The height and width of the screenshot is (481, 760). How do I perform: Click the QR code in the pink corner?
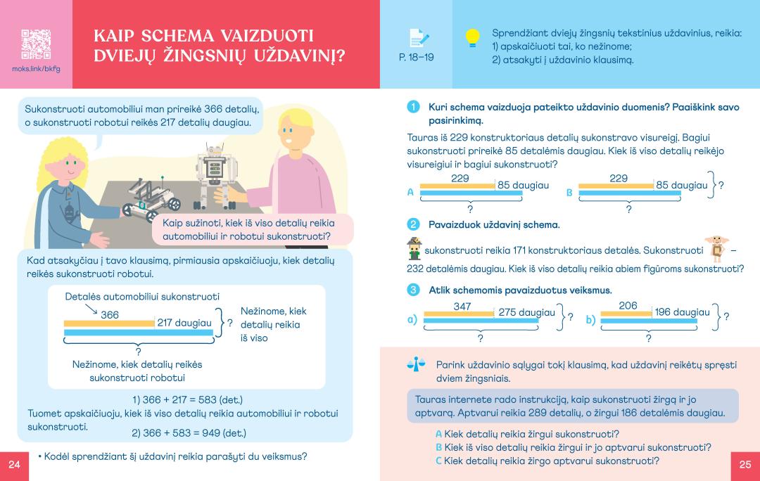point(35,44)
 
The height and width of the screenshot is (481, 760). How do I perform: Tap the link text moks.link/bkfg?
point(36,69)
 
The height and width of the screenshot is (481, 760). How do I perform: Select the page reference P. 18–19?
point(416,57)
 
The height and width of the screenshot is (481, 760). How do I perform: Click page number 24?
point(14,465)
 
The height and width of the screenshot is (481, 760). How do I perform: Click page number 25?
point(745,465)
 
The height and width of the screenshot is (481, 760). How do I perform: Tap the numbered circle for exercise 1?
point(413,107)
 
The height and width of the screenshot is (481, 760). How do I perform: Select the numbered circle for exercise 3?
point(413,290)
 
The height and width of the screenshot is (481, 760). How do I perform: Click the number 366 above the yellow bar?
point(110,315)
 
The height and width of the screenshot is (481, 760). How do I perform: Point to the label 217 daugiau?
point(184,322)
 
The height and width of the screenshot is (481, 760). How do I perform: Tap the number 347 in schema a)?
point(462,306)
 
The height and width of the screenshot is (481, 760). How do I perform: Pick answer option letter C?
point(438,461)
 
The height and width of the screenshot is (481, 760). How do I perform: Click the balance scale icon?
point(417,364)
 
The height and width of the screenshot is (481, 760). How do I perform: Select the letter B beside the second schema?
point(569,192)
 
